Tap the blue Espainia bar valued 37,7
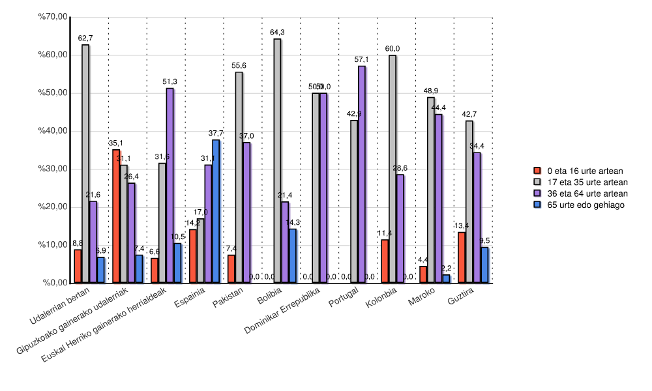coord(216,211)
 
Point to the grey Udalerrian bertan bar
coord(85,164)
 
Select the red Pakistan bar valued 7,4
coord(231,268)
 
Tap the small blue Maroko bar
coord(446,279)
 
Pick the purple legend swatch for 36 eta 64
coord(538,194)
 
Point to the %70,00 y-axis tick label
coord(54,16)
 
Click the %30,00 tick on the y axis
coord(54,169)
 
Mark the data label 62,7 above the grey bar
coord(85,38)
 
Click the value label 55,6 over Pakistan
coord(239,66)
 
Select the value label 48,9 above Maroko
coord(430,91)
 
